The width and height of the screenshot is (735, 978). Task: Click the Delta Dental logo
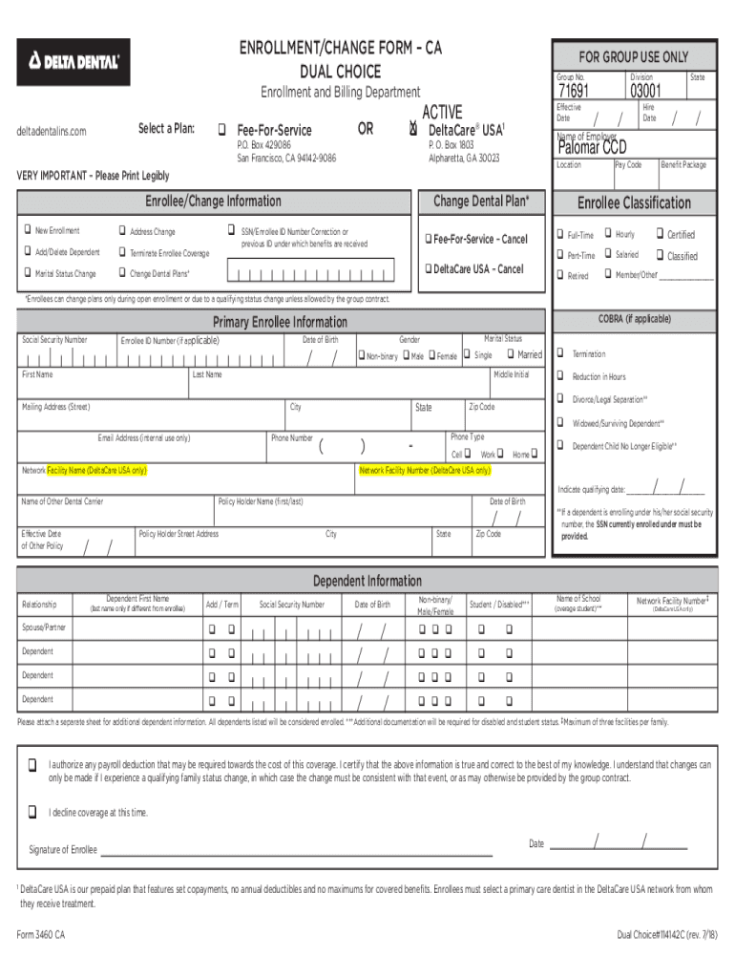[x=73, y=62]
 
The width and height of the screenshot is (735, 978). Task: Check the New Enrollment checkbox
[x=27, y=231]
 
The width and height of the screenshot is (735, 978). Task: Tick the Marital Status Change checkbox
[x=27, y=274]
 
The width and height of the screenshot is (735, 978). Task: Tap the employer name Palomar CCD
[x=592, y=146]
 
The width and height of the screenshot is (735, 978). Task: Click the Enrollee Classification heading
[x=634, y=202]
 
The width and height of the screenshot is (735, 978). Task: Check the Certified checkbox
[x=659, y=234]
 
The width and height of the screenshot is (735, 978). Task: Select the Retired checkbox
[x=560, y=275]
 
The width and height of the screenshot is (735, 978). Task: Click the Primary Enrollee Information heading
[x=280, y=322]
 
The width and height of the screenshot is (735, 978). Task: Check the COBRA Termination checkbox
[x=560, y=353]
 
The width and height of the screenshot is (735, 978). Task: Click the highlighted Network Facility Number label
[x=425, y=471]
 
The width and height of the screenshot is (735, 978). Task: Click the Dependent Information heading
[x=367, y=581]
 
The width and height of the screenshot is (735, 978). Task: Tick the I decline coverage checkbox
[x=32, y=812]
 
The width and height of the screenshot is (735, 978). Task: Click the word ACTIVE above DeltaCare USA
[x=442, y=113]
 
